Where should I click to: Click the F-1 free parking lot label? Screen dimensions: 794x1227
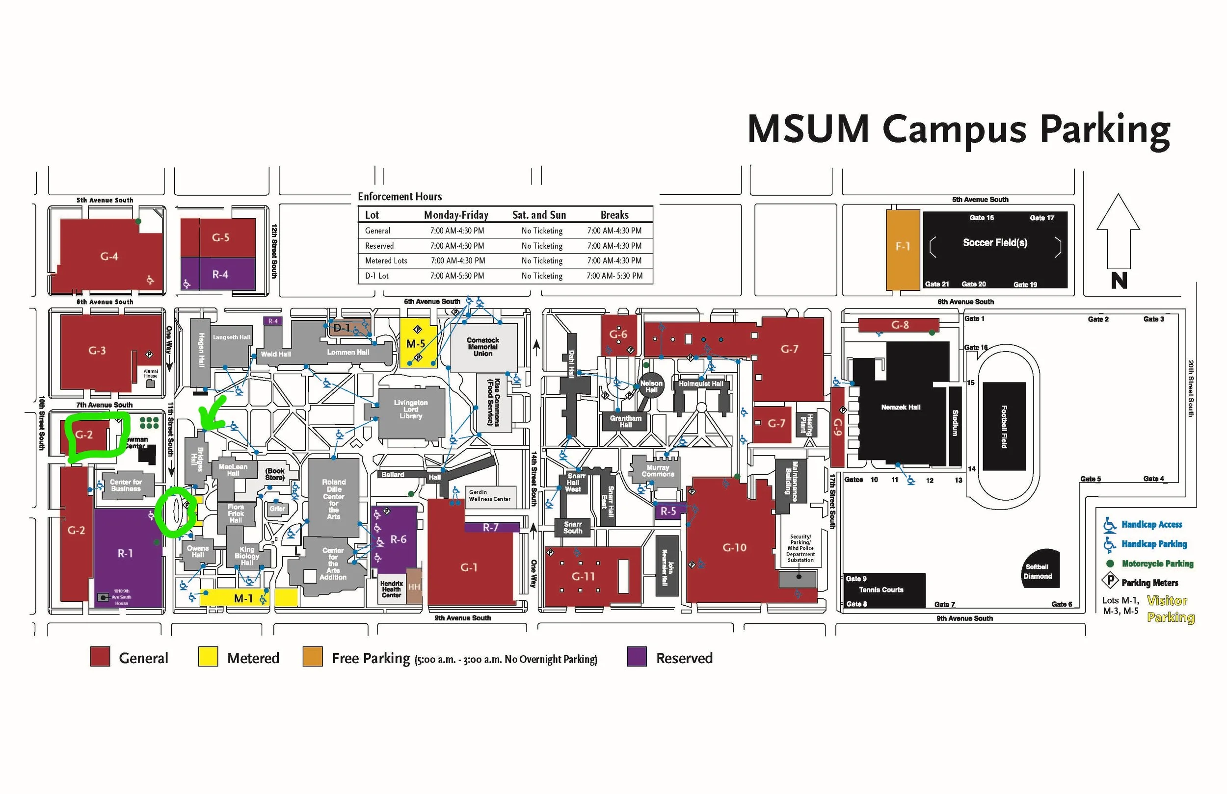point(902,247)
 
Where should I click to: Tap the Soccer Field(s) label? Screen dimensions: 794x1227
point(994,243)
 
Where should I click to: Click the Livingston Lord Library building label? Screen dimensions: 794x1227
point(410,409)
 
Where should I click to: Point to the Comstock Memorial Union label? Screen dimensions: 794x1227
point(482,347)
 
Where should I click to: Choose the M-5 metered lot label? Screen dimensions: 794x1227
point(416,343)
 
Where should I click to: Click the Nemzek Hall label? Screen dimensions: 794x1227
point(900,407)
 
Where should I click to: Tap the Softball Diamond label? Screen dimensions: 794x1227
point(1037,571)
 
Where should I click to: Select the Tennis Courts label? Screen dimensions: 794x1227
point(881,589)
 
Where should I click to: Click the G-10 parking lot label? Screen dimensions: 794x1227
point(734,547)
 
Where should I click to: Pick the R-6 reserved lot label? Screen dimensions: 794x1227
point(398,539)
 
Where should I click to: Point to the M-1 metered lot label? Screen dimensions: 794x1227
point(243,598)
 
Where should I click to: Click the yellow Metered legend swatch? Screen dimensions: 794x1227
point(208,657)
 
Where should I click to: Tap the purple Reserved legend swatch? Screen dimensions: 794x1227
point(637,657)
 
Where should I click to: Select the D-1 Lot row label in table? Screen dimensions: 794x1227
point(377,276)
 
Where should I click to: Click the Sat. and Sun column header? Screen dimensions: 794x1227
point(539,215)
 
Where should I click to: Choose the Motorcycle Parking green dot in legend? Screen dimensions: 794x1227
point(1110,563)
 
